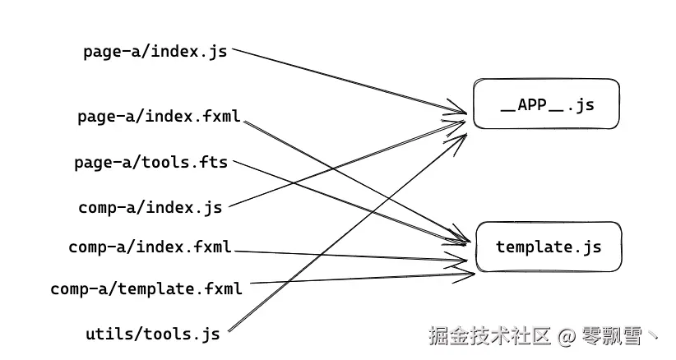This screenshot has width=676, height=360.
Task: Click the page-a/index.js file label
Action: pos(155,51)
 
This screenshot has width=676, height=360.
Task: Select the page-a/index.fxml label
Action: pos(159,116)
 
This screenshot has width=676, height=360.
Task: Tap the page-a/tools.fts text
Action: pos(151,162)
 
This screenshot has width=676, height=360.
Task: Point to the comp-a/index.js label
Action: pos(150,207)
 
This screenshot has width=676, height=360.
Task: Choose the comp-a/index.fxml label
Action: pos(150,247)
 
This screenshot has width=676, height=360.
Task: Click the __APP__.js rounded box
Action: pos(546,104)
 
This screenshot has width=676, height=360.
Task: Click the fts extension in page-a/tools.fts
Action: pos(211,162)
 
